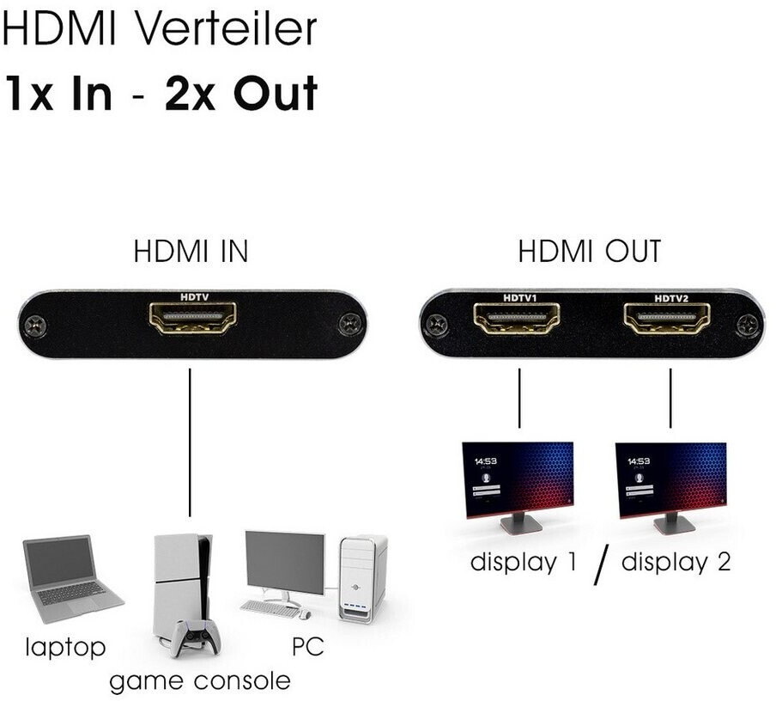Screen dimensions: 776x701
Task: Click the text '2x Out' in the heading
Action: (241, 93)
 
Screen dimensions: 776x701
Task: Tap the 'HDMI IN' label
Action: (191, 252)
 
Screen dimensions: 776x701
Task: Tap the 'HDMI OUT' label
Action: (590, 252)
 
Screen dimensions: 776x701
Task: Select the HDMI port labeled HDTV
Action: (192, 318)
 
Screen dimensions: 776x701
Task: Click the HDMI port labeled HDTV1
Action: (518, 320)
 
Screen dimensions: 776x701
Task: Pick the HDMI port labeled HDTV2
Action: (668, 320)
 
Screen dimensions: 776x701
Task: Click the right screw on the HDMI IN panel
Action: (349, 325)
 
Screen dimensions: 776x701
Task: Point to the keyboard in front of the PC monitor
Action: (272, 607)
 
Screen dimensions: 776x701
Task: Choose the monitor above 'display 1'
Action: (518, 483)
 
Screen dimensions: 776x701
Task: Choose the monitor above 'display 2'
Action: (670, 483)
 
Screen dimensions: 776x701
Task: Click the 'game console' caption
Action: (200, 681)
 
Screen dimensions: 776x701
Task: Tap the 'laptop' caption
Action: (64, 647)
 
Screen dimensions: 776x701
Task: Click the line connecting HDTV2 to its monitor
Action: (670, 397)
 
